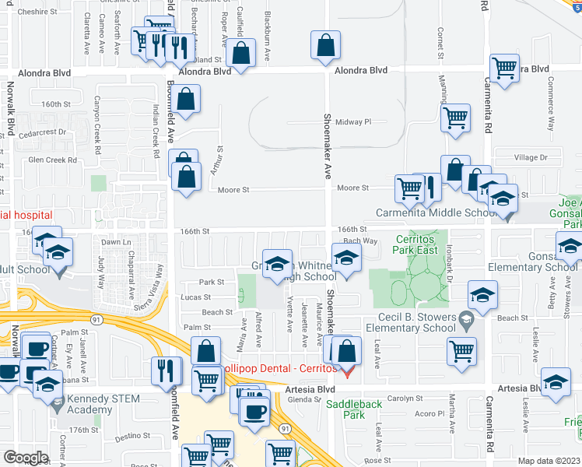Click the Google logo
click(26, 458)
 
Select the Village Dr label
click(531, 157)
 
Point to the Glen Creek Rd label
click(53, 160)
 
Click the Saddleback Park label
click(354, 409)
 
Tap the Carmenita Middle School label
click(436, 212)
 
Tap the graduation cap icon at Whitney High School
click(277, 265)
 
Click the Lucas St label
click(196, 297)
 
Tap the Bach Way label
click(360, 241)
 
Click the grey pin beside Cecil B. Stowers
click(465, 318)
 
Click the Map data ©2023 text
click(549, 461)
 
